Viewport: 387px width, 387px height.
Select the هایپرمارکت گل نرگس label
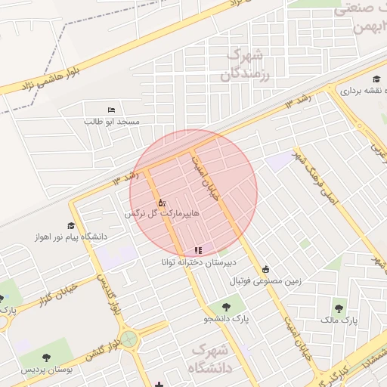pyautogui.click(x=163, y=215)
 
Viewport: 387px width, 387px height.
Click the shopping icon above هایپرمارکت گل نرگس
pyautogui.click(x=161, y=203)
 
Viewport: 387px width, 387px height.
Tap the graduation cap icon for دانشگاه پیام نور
pyautogui.click(x=71, y=225)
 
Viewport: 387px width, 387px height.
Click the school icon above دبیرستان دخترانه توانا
pyautogui.click(x=198, y=249)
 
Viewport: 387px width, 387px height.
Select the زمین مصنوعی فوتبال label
pyautogui.click(x=265, y=280)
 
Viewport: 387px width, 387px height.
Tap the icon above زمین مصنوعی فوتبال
pyautogui.click(x=265, y=269)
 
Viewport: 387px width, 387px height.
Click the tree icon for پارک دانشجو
pyautogui.click(x=225, y=307)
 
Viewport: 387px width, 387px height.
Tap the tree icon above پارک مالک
pyautogui.click(x=338, y=308)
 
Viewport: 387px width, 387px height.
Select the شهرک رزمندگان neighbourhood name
pyautogui.click(x=246, y=65)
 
